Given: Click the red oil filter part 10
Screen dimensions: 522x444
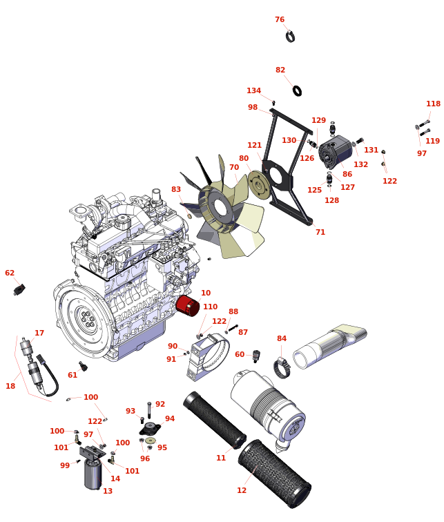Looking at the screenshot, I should [x=187, y=305].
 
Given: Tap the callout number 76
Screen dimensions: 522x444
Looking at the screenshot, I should [x=280, y=20].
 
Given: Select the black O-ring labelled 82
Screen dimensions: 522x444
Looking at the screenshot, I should [x=297, y=90].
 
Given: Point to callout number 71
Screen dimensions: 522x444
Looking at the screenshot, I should [x=320, y=233].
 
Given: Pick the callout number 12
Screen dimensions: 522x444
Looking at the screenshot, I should [x=242, y=491].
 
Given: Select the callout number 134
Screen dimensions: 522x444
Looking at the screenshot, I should [x=254, y=91].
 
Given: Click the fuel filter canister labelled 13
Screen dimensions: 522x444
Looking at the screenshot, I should [x=93, y=475].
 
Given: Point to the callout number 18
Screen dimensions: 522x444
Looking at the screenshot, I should [x=10, y=387].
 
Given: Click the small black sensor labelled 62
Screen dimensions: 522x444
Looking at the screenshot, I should [x=19, y=289].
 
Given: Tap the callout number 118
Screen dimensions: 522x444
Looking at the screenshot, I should [x=433, y=104].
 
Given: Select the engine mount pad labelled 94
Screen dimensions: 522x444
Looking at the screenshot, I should [x=150, y=428].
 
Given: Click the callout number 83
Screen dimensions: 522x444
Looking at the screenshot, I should [x=176, y=190].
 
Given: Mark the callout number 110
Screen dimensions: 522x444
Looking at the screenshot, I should [x=211, y=307].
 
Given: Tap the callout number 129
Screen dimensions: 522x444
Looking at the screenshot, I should [x=318, y=121].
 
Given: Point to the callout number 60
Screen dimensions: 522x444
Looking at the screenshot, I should [x=240, y=355].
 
